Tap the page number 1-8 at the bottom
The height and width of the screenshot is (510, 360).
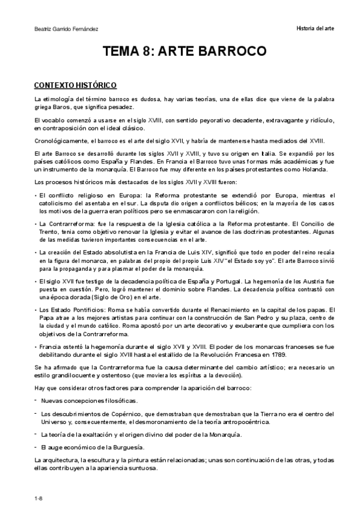pos(38,498)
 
